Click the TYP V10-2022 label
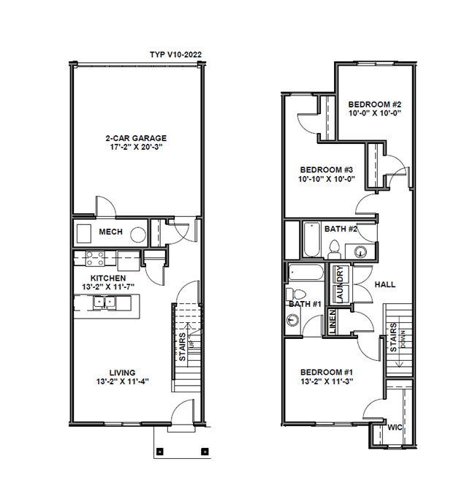[x=176, y=55]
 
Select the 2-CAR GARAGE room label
[x=136, y=138]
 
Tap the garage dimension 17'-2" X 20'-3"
[x=136, y=147]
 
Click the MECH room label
[x=110, y=232]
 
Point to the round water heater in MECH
[x=138, y=235]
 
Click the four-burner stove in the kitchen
[x=94, y=259]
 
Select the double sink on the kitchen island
[x=105, y=302]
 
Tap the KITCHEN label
[x=108, y=278]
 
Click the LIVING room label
[x=122, y=373]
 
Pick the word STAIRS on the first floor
[x=182, y=347]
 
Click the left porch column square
[x=159, y=452]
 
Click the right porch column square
[x=205, y=452]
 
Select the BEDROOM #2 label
[x=374, y=104]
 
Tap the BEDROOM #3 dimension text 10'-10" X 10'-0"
[x=327, y=179]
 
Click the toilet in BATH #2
[x=335, y=250]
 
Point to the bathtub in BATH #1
[x=305, y=272]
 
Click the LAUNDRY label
[x=340, y=284]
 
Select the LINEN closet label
[x=333, y=322]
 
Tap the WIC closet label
[x=395, y=427]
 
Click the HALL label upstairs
[x=385, y=285]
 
